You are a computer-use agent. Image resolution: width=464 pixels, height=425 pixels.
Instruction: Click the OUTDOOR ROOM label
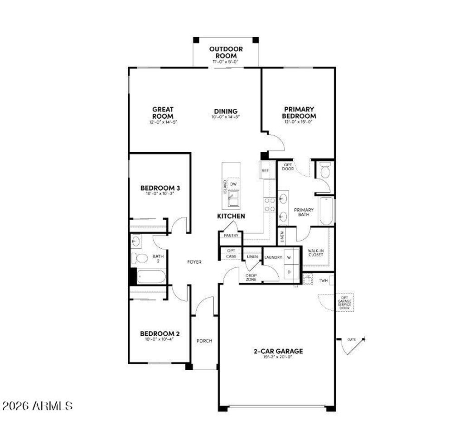click(x=226, y=52)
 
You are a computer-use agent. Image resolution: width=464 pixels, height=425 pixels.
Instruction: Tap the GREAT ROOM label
click(x=162, y=112)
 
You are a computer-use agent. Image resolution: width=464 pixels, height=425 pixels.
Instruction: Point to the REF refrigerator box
click(x=266, y=171)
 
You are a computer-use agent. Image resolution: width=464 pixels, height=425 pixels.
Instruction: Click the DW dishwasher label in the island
click(x=233, y=184)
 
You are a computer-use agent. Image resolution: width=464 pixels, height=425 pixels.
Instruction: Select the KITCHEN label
click(x=231, y=216)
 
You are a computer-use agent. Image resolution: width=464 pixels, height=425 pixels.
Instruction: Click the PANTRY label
click(x=231, y=236)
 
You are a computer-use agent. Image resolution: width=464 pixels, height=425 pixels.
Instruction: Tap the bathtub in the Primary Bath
click(x=326, y=211)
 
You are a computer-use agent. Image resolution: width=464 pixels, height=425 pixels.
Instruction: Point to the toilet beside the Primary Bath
click(x=324, y=171)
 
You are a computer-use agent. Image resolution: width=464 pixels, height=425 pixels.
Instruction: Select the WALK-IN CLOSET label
click(x=315, y=252)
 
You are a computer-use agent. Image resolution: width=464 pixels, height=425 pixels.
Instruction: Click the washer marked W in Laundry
click(x=289, y=257)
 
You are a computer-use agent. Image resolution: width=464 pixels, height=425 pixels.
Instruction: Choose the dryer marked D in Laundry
click(x=289, y=272)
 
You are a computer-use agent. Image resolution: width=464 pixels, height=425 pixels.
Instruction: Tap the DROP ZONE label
click(x=251, y=277)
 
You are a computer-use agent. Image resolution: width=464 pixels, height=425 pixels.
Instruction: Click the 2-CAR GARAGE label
click(x=278, y=351)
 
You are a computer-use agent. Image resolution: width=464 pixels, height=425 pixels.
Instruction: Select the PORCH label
click(x=204, y=341)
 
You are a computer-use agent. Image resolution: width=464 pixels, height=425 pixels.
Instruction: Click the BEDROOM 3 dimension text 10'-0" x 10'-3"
click(x=159, y=193)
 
